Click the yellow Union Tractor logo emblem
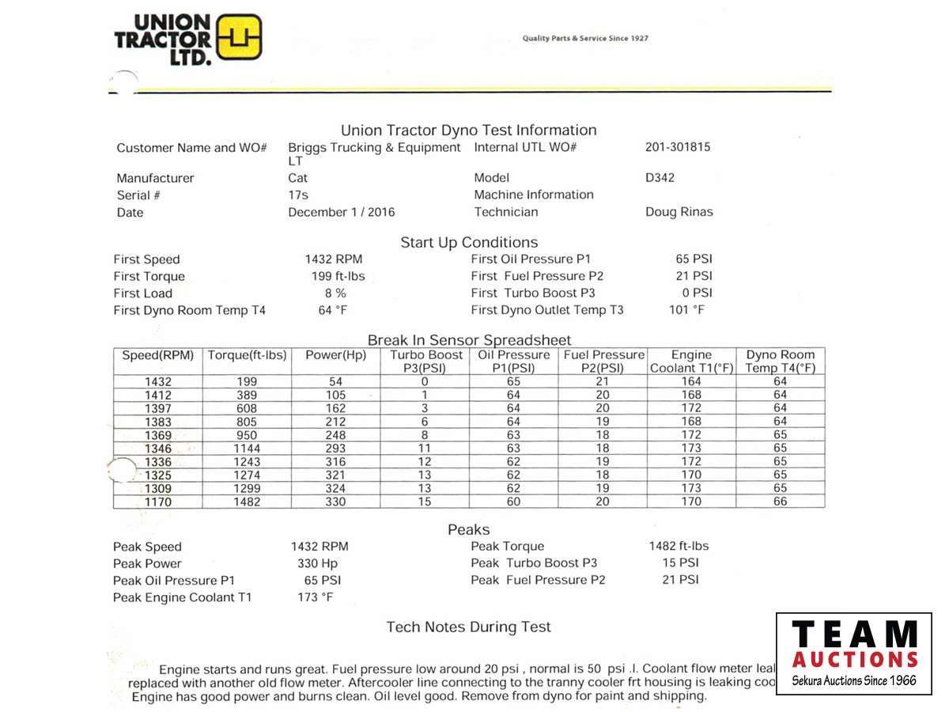tap(239, 37)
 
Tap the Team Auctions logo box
tap(853, 653)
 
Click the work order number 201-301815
tap(678, 147)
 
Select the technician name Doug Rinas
tap(679, 212)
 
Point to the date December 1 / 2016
tap(341, 212)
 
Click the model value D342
tap(660, 178)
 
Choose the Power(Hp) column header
tap(335, 356)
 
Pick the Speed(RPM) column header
tap(158, 356)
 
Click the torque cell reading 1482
tap(247, 502)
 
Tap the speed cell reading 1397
tap(158, 408)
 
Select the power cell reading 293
tap(335, 449)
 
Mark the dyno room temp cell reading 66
tap(780, 502)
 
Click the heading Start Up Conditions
tap(469, 243)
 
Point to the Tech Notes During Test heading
tap(468, 627)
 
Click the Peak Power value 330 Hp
tap(317, 563)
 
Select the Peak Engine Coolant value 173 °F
tap(316, 597)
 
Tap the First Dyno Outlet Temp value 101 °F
tap(686, 310)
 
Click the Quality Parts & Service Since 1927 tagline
tap(585, 39)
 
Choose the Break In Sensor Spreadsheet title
tap(469, 341)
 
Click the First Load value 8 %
tap(333, 294)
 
